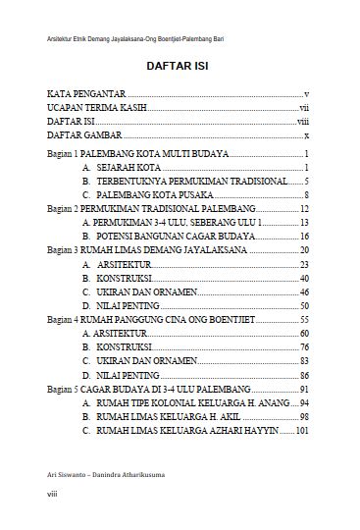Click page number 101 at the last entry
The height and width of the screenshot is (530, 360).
(x=302, y=431)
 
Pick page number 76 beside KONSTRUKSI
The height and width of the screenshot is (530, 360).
(x=304, y=347)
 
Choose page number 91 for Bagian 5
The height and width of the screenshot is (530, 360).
(x=304, y=390)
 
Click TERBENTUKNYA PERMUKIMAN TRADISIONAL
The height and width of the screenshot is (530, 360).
(x=191, y=183)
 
